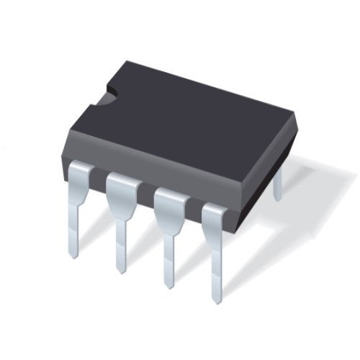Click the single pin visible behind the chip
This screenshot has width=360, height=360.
pos(277,184)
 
